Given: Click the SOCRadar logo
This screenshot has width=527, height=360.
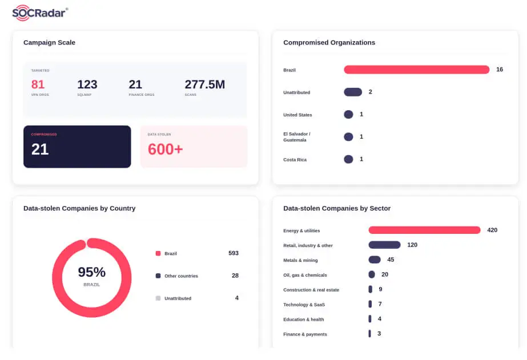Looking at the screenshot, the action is pos(40,13).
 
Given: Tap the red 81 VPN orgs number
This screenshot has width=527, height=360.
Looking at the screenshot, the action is pos(38,84).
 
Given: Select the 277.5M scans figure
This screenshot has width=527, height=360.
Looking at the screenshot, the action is pos(204,84).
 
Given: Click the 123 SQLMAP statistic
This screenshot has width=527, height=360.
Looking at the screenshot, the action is pos(87,84).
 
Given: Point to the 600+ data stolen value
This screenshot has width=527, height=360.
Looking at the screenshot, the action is pos(166,149).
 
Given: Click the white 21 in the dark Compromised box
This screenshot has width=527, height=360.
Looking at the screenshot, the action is pos(40,149).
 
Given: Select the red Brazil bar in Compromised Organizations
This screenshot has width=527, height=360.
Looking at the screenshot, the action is pos(416,70).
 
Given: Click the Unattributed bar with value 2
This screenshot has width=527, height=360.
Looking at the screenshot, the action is pos(353,92).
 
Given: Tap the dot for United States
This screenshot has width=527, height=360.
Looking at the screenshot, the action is pos(348,115).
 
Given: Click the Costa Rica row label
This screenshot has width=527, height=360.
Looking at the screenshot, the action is pos(295,160).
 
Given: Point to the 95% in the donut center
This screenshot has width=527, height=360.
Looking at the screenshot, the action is pos(92,272).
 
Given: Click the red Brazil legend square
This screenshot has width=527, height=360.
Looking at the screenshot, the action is pos(158,253).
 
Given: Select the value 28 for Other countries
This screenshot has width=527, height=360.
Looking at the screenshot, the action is pos(235,276).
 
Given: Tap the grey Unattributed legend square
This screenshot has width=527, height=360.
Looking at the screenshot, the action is pos(158,298).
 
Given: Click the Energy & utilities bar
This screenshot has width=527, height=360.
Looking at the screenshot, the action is pos(424,230).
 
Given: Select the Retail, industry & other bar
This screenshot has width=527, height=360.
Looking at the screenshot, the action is pos(384,245).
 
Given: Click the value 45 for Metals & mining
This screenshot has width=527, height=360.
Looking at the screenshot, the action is pos(391,260).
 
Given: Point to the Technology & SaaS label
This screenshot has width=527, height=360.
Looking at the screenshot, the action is pos(304,305).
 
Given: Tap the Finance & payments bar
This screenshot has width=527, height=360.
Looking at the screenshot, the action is pos(370,333).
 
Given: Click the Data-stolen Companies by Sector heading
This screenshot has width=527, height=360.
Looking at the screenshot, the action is pos(337,208).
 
